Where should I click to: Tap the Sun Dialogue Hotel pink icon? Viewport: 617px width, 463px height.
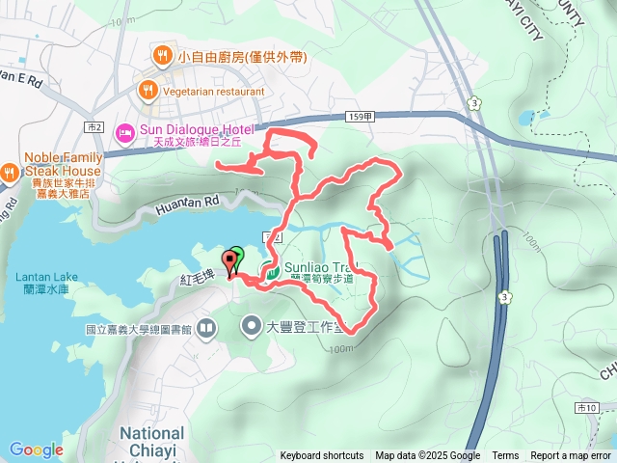[124, 130]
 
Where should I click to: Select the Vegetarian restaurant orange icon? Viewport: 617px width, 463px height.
[148, 91]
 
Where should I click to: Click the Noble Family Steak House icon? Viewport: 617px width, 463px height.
[9, 172]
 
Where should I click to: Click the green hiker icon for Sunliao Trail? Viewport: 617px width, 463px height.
[273, 273]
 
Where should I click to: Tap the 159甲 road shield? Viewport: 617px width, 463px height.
[358, 117]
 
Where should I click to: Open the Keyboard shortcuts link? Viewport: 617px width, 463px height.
[322, 456]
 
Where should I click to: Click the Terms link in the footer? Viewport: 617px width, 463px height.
[505, 456]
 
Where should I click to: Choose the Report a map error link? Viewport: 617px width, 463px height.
[572, 456]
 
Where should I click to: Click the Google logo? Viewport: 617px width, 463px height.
[36, 449]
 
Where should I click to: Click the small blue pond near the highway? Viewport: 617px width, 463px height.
[525, 120]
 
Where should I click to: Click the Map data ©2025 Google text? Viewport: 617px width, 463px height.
[428, 456]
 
